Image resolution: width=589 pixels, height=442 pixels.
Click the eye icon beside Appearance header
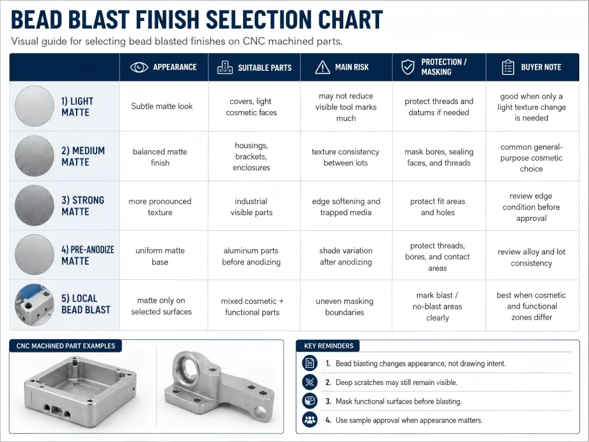coord(139,67)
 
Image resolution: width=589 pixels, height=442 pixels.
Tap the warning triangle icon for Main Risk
coord(322,67)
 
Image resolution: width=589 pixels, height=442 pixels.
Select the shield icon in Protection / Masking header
coord(408,67)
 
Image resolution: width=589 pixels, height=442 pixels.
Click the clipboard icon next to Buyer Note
coord(508,67)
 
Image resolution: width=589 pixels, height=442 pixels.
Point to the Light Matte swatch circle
coord(34,106)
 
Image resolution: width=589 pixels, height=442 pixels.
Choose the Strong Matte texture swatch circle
coord(34,205)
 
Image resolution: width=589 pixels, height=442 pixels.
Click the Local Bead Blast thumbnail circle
coord(34,304)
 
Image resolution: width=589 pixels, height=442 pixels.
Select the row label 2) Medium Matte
coord(83,157)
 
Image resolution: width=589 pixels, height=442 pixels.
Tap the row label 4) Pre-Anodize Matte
coord(87,255)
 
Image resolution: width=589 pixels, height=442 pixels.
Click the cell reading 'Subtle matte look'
coord(162,106)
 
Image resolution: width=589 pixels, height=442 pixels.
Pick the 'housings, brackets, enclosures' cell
coord(251,157)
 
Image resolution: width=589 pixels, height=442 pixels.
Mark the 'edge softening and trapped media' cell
coord(346,207)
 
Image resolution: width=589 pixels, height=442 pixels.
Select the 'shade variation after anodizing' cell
coord(346,256)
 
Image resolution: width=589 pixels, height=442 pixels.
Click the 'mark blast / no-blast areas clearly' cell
coord(437,306)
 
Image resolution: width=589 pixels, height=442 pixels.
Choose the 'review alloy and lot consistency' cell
coord(531,257)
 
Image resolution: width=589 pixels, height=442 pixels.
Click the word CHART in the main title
coord(350,20)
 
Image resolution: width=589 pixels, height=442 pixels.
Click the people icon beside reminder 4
coord(309,420)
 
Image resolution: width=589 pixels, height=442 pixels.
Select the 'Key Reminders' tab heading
coord(328,346)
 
